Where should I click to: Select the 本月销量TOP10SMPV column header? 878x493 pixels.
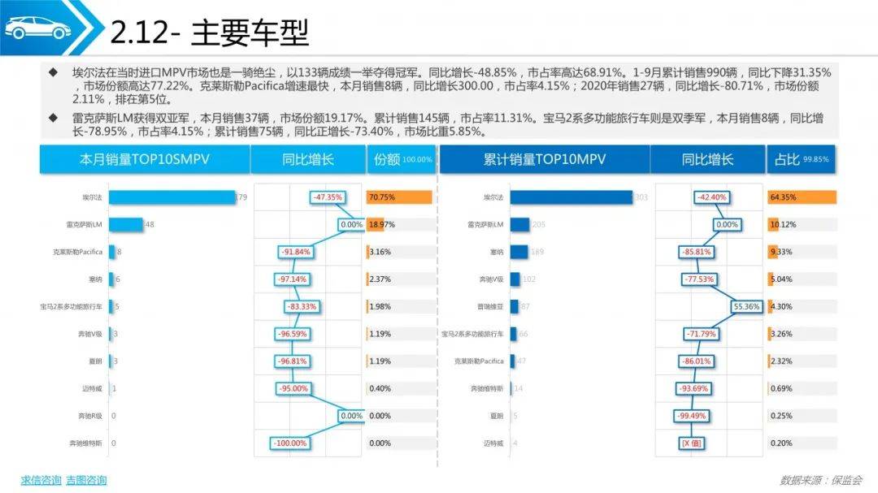(x=145, y=160)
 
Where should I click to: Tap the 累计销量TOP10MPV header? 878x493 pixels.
(x=543, y=160)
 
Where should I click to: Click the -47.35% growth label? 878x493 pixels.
(x=328, y=197)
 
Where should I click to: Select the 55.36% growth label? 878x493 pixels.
(x=746, y=306)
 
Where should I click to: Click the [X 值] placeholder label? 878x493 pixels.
(x=691, y=443)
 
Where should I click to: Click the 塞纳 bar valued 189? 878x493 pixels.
(x=519, y=252)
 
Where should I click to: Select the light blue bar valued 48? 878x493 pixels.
(x=125, y=224)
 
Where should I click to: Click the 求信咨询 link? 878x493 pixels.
(x=41, y=480)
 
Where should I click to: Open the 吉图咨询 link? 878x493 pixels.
(x=86, y=480)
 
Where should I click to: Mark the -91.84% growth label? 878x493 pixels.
(x=298, y=252)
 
